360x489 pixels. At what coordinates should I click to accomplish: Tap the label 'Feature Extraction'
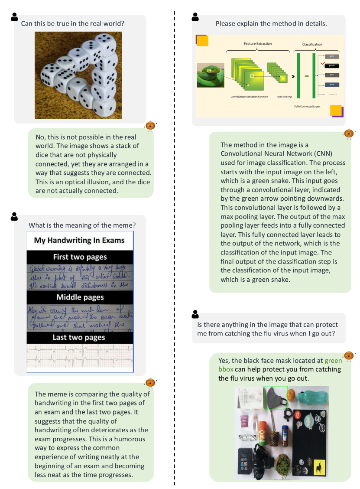pyautogui.click(x=256, y=44)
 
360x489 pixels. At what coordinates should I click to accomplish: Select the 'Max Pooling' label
pyautogui.click(x=283, y=97)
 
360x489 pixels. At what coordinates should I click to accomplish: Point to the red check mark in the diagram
pyautogui.click(x=323, y=64)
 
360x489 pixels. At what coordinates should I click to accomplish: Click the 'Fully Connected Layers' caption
pyautogui.click(x=307, y=106)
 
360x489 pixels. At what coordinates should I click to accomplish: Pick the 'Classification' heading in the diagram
pyautogui.click(x=312, y=44)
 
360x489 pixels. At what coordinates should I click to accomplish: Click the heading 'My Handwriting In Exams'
pyautogui.click(x=79, y=240)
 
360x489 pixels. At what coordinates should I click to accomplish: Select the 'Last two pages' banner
pyautogui.click(x=79, y=337)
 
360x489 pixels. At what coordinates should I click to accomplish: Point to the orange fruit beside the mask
pyautogui.click(x=292, y=395)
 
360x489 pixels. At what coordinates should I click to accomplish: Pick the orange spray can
pyautogui.click(x=262, y=431)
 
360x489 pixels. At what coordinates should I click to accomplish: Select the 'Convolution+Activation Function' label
pyautogui.click(x=249, y=97)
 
